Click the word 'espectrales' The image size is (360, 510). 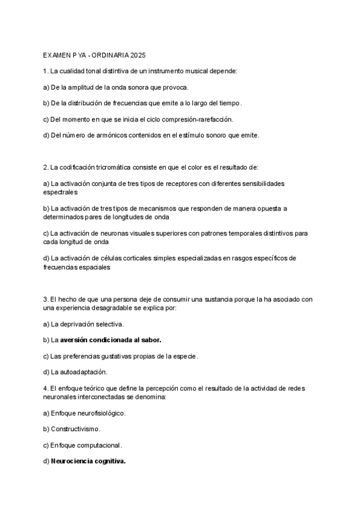tap(61, 192)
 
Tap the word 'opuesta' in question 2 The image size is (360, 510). tap(266, 208)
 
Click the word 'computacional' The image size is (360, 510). tap(100, 446)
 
